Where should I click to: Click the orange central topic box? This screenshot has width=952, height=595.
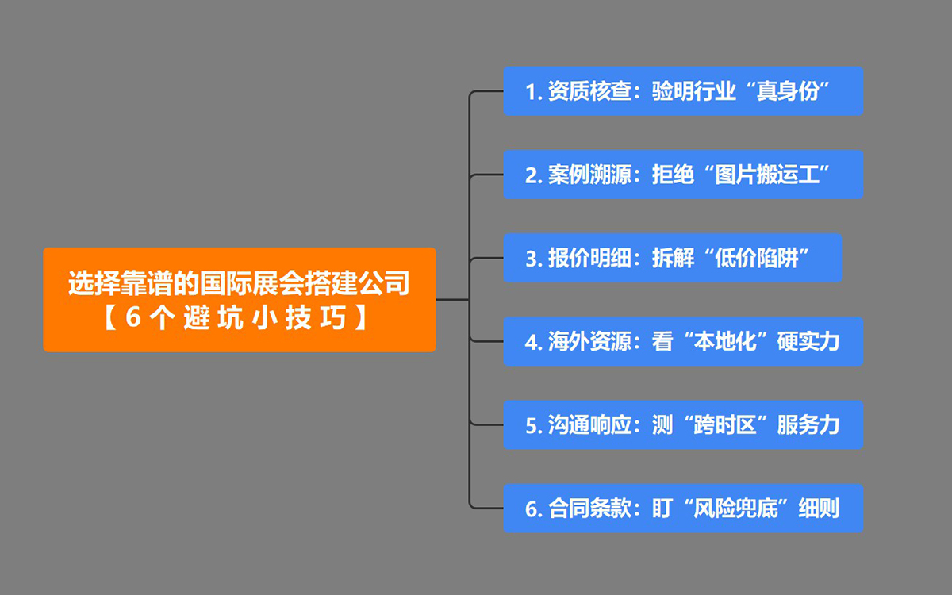[239, 299]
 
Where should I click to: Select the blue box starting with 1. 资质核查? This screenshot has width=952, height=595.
[683, 91]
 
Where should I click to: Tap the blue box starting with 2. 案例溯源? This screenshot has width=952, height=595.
[683, 175]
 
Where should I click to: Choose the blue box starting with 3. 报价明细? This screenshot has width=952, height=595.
[672, 258]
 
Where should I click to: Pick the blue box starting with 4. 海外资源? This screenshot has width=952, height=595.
[683, 341]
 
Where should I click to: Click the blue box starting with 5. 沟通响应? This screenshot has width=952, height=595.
[683, 424]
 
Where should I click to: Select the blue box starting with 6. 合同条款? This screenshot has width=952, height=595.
[683, 508]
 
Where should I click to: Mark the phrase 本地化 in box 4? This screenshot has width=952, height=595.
[725, 342]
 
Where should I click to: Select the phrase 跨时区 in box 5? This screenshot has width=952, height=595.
[725, 425]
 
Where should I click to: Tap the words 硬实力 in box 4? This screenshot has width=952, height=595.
[808, 342]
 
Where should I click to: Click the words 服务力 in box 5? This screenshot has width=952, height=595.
[808, 425]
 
